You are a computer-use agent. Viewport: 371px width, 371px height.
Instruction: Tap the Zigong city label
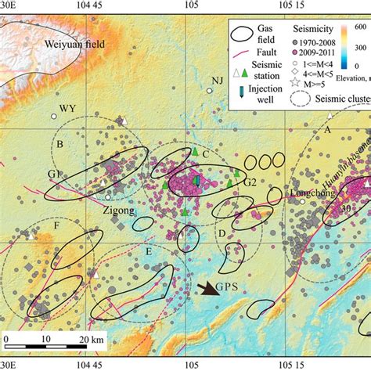pos(119,211)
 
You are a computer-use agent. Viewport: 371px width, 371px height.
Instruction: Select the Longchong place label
pos(311,193)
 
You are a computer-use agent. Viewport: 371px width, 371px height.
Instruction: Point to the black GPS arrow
pos(209,290)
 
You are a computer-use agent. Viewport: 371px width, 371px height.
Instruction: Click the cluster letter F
pos(56,226)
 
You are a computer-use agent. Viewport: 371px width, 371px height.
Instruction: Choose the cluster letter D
pos(222,232)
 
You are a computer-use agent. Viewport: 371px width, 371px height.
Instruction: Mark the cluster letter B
pos(59,144)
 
